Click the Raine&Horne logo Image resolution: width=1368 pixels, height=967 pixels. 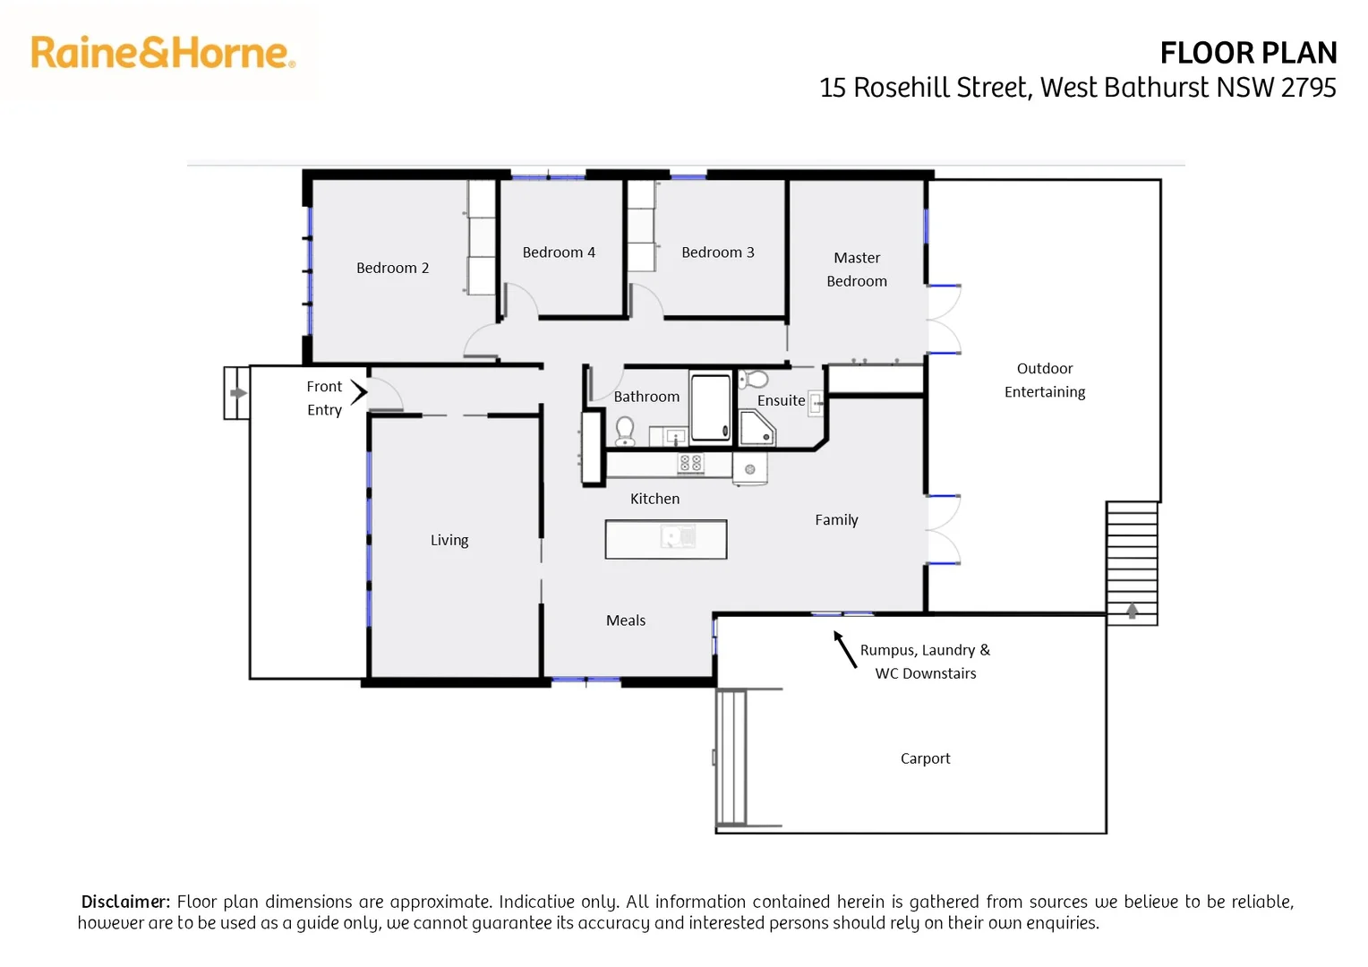click(x=162, y=53)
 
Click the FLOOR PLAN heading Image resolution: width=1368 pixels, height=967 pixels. click(x=1248, y=54)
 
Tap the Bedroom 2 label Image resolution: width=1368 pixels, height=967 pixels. click(x=392, y=268)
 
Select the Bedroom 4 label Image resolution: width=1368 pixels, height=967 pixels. click(x=559, y=252)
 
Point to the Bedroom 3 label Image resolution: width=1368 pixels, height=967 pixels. click(x=717, y=252)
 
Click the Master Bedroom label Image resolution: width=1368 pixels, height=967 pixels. click(x=857, y=269)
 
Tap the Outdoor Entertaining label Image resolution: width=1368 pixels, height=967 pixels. click(x=1045, y=380)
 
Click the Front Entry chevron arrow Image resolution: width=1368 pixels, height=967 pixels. click(x=359, y=391)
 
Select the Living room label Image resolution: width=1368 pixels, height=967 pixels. click(x=449, y=540)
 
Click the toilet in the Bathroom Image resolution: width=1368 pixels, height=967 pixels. click(x=625, y=432)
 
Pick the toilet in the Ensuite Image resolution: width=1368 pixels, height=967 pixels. click(x=754, y=379)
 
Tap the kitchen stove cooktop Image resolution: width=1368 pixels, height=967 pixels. click(x=690, y=463)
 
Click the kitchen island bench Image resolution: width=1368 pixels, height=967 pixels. click(x=665, y=539)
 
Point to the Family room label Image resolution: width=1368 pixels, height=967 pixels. click(x=836, y=519)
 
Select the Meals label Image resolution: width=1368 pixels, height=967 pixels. click(x=625, y=620)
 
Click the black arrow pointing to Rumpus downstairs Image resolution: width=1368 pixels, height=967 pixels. click(x=844, y=648)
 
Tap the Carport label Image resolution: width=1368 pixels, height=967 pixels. click(x=925, y=758)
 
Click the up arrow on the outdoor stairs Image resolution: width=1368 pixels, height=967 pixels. click(x=1132, y=611)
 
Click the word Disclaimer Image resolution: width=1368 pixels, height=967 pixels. click(x=124, y=902)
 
